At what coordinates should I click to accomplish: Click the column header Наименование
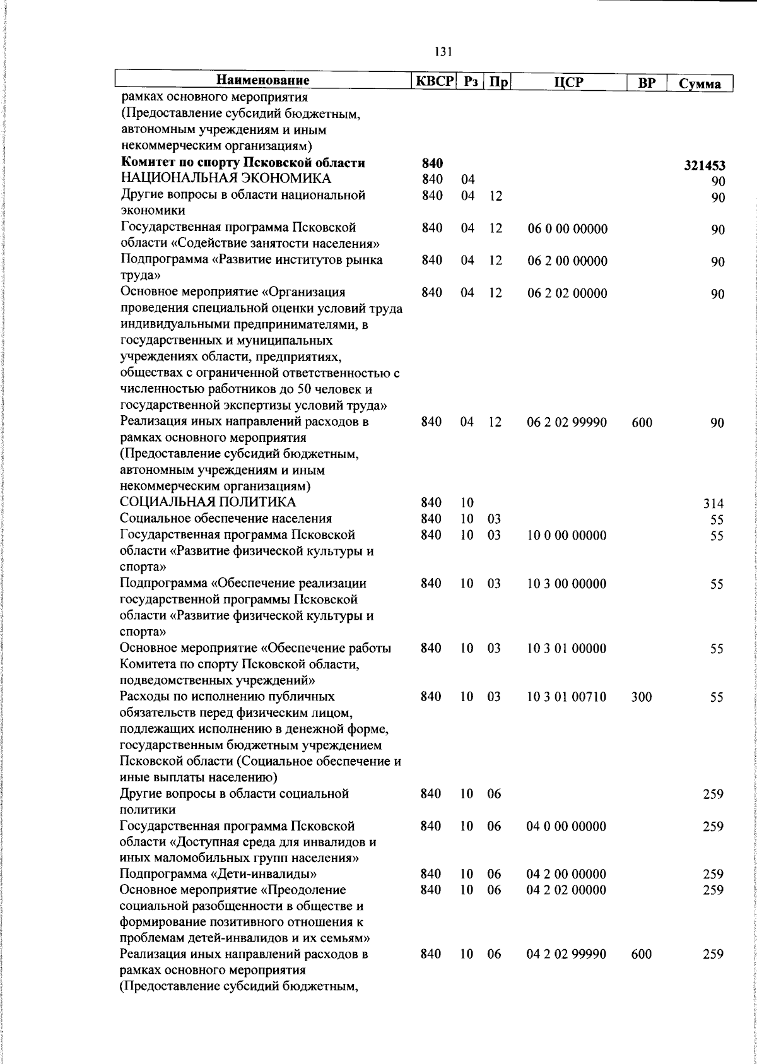(263, 81)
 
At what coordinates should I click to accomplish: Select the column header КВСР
(434, 81)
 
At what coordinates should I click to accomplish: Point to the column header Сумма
(700, 83)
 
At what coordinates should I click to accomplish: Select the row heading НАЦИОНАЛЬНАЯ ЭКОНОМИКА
(225, 179)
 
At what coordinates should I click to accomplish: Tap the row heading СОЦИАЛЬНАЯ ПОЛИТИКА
(208, 502)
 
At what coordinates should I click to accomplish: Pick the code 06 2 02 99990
(567, 422)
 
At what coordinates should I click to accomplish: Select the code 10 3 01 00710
(566, 697)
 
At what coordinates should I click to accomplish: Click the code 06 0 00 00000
(567, 228)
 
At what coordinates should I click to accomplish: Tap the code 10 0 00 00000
(567, 535)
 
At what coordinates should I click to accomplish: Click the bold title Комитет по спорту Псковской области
(243, 163)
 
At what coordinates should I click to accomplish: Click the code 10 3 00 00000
(566, 584)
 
